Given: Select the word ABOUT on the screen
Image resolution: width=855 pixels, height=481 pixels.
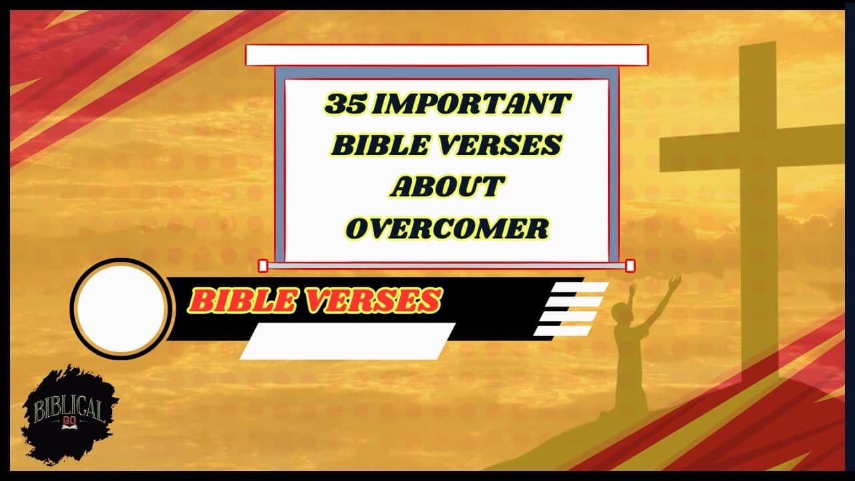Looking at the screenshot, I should (x=446, y=186).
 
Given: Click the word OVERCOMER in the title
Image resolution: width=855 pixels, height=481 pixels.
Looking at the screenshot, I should (x=447, y=228).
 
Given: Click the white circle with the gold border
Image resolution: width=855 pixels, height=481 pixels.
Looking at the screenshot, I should (x=122, y=308).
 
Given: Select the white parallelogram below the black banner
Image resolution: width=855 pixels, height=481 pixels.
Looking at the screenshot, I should (x=347, y=341).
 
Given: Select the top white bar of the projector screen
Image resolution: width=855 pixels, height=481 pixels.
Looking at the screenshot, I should (x=446, y=55).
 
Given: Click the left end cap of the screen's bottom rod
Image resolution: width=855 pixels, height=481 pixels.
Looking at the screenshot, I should (x=263, y=266).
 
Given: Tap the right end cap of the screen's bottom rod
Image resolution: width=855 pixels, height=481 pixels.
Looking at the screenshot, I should (x=630, y=266).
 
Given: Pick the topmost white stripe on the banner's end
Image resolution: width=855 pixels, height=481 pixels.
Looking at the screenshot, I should (x=580, y=287).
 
